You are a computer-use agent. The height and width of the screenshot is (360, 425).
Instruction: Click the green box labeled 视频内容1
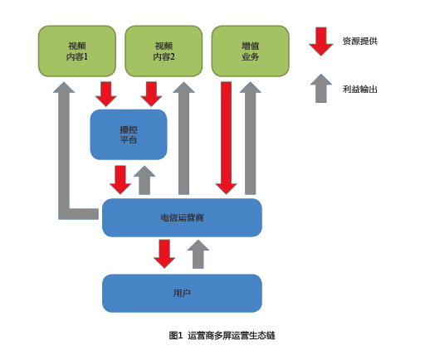point(77,51)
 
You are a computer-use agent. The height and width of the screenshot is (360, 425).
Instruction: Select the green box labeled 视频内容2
point(164,51)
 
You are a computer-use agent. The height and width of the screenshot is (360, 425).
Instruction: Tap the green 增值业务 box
point(251,51)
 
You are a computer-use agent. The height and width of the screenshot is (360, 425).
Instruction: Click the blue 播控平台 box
point(129,134)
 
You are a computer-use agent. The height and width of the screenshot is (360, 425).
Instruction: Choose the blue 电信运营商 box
point(182,217)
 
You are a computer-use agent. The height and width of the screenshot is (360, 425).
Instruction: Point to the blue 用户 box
point(182,294)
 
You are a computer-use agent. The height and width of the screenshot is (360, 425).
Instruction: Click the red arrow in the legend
point(321,41)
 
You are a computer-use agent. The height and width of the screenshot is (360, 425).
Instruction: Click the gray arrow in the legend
point(321,89)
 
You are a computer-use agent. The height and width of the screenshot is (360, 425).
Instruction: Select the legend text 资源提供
point(360,41)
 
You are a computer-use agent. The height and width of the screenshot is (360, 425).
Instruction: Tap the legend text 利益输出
point(360,90)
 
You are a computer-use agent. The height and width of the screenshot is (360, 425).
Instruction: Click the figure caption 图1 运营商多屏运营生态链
point(222,336)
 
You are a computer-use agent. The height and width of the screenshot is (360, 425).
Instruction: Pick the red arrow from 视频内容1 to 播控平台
point(106,94)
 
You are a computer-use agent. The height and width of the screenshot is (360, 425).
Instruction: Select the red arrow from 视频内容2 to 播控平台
point(151,94)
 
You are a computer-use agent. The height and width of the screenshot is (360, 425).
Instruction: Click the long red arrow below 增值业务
point(227,138)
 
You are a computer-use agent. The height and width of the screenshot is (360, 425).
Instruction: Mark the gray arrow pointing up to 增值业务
point(251,138)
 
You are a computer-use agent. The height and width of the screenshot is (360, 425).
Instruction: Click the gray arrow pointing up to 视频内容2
point(183,138)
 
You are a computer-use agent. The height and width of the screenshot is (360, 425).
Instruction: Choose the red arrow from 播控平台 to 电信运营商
point(120,180)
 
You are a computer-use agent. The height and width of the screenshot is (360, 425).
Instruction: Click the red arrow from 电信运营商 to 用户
point(164,254)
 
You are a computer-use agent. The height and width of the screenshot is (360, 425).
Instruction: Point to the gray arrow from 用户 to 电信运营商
point(198,254)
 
